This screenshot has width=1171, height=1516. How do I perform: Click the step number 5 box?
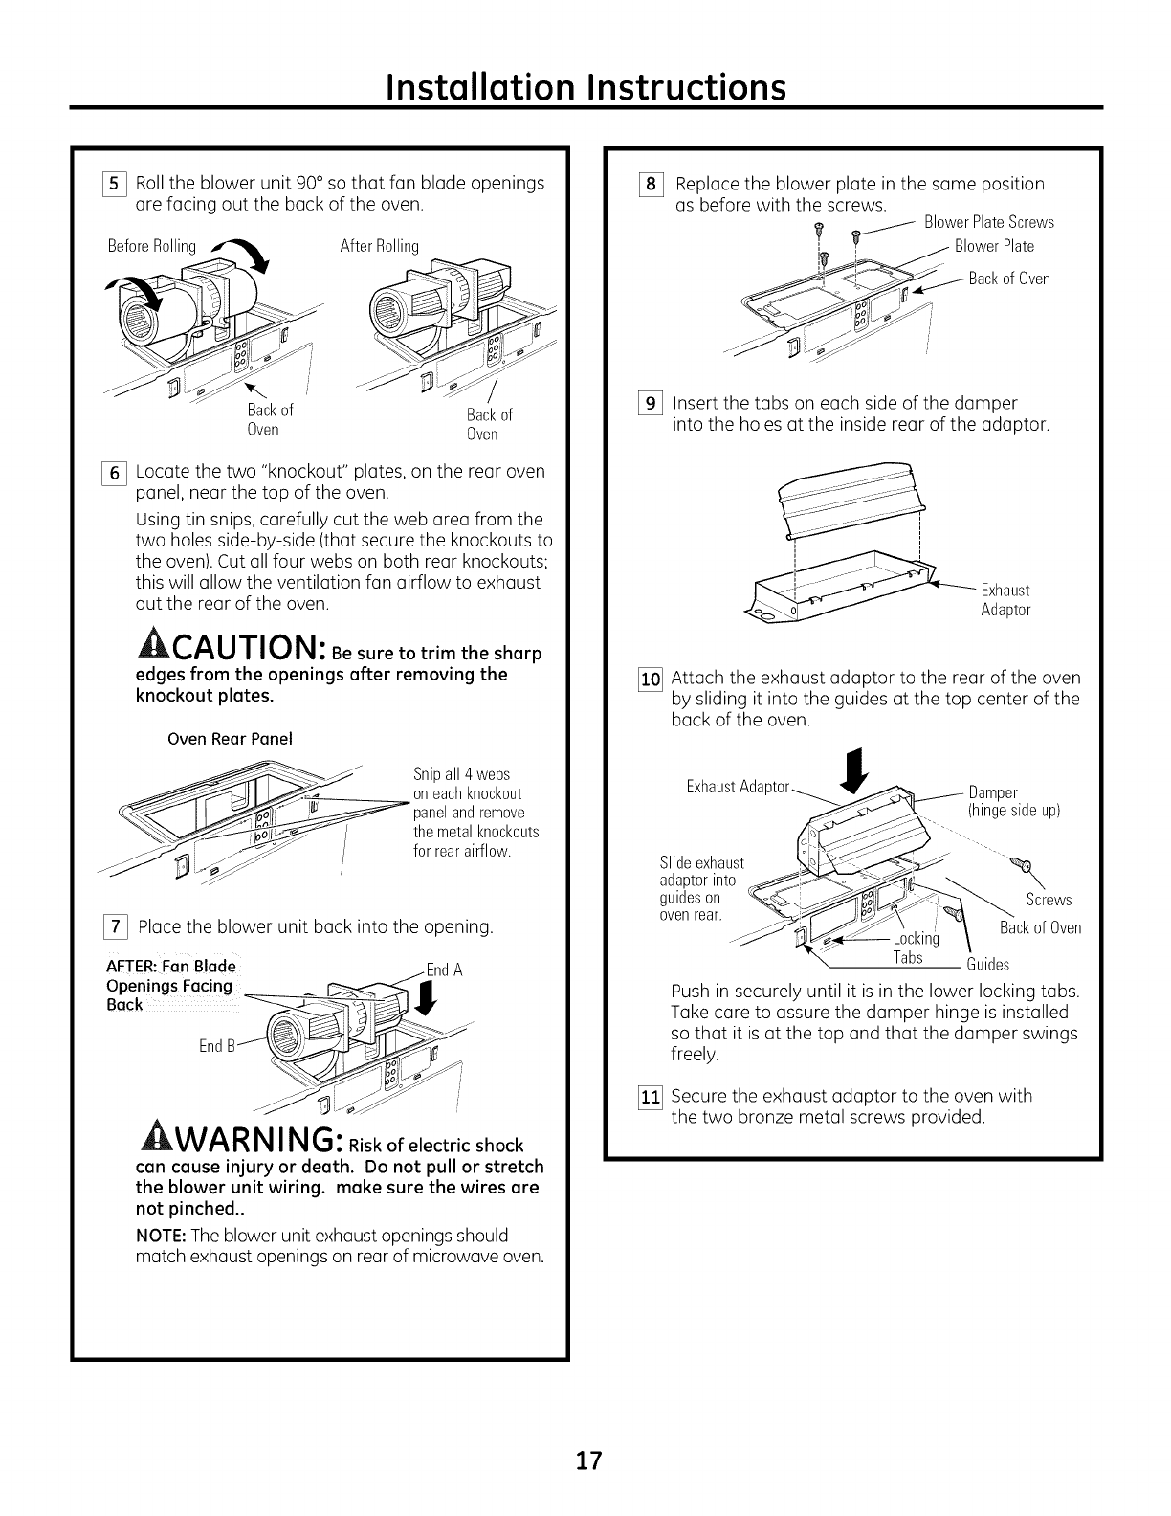(x=119, y=183)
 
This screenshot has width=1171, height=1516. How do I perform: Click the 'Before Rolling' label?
(x=152, y=246)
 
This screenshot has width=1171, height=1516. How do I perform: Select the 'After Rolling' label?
(x=380, y=246)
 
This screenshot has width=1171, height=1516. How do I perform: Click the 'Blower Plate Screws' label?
(x=988, y=222)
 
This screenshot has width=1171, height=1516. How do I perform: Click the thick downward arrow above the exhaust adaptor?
(x=855, y=766)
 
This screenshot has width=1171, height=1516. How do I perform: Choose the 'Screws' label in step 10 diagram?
(x=1049, y=900)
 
